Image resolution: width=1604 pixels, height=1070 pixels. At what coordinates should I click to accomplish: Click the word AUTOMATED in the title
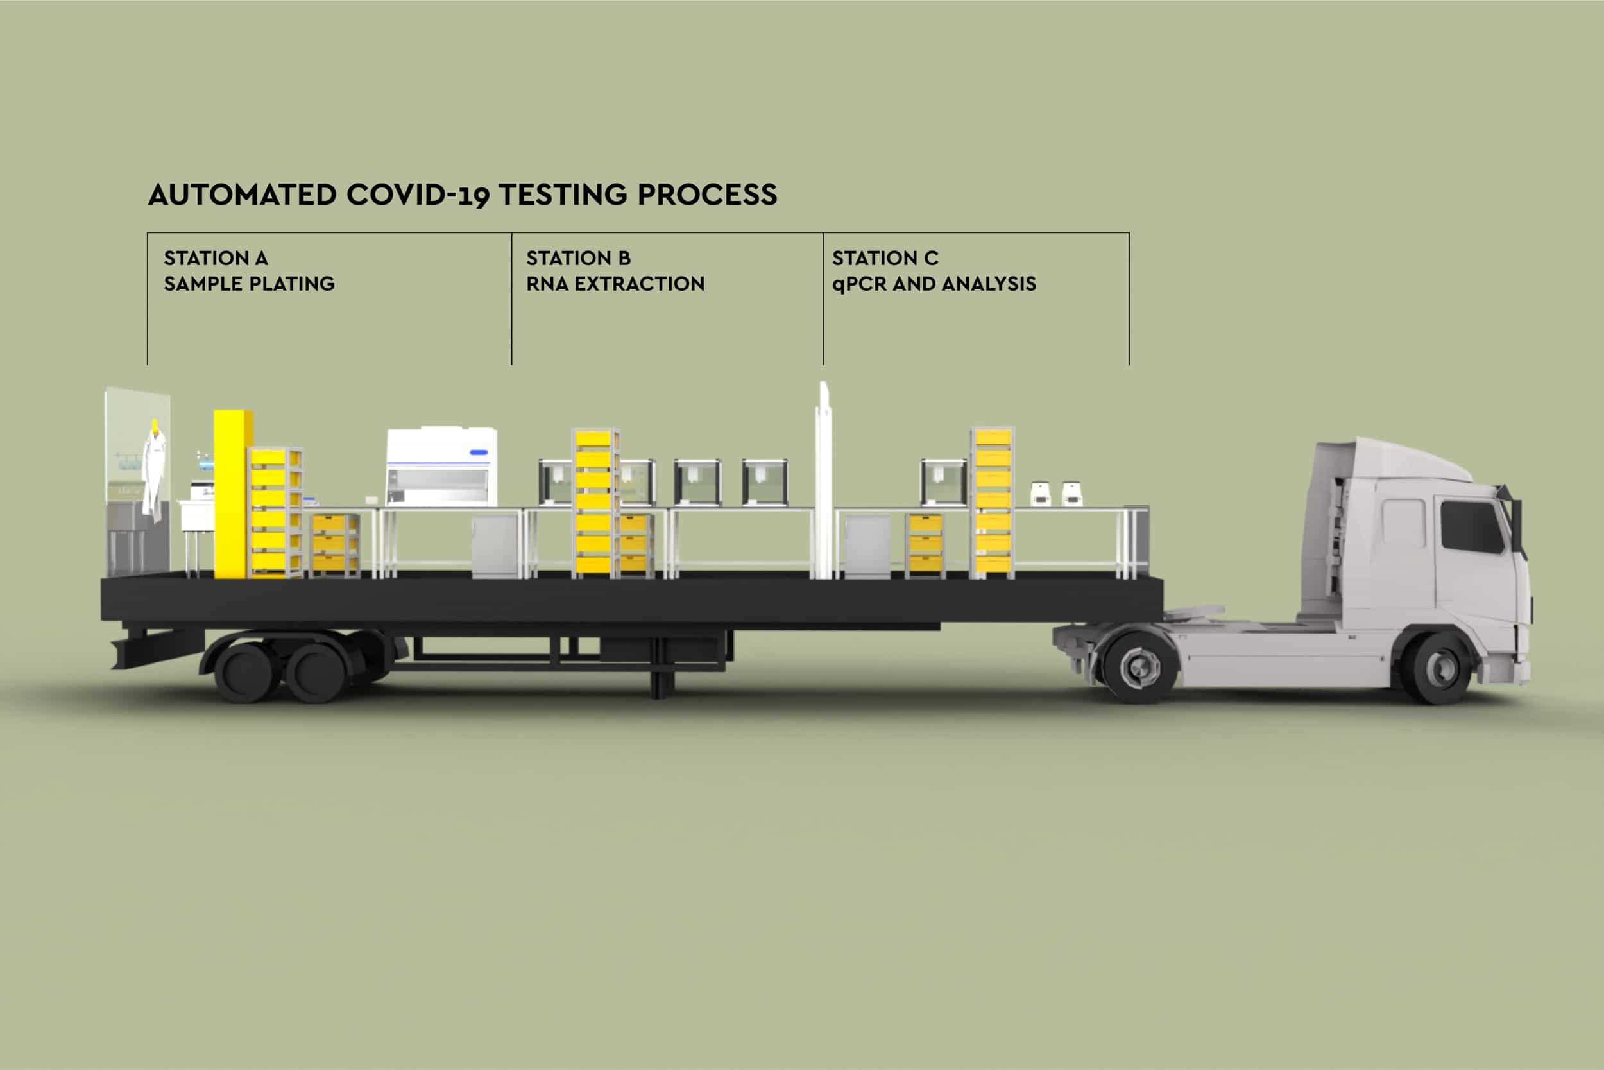242,195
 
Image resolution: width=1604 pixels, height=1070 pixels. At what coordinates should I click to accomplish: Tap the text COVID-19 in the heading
418,195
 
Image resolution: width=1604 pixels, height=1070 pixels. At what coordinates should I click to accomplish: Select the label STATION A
216,258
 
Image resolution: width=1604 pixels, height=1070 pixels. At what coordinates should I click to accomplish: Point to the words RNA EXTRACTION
615,284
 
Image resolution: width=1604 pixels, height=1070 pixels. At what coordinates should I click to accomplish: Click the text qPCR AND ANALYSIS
934,284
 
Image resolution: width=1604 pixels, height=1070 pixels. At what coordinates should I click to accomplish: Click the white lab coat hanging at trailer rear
154,478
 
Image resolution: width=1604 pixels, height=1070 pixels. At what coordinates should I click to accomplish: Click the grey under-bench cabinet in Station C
867,546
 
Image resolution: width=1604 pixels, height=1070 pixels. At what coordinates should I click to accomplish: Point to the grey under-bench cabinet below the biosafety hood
495,546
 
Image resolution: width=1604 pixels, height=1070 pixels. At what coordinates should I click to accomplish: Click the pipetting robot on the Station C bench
944,482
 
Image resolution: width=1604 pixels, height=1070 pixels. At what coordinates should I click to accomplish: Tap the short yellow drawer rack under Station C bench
926,544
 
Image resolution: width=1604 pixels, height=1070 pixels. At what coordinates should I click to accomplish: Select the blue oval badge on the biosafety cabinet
478,452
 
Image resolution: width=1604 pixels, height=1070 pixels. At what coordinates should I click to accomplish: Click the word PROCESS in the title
707,195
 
